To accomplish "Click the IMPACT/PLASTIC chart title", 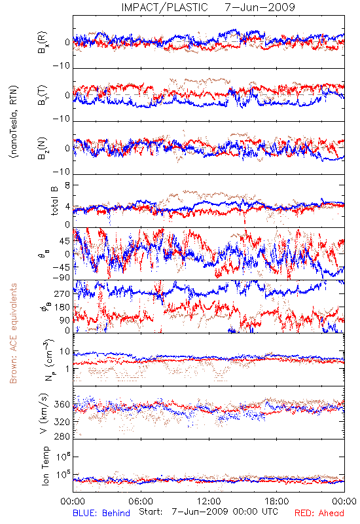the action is tap(164, 7).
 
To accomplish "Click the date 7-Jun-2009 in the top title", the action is tap(260, 7).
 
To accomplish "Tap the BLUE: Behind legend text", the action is tap(101, 513).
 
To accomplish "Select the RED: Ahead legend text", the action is tap(319, 513).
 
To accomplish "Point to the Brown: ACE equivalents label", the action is tap(12, 333).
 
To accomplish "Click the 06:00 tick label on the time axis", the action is tap(141, 502).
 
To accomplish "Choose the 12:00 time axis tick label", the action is tap(209, 502).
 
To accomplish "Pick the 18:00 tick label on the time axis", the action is tap(277, 502).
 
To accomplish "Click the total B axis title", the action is tap(54, 200).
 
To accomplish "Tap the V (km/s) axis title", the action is tap(44, 413).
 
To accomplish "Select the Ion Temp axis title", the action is tap(45, 466).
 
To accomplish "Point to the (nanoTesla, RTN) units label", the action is tap(14, 122).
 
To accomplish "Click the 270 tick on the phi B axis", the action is tap(63, 293).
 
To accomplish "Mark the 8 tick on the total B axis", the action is tap(67, 185).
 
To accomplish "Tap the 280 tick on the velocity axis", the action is tap(63, 436).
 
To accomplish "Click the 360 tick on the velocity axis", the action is tap(63, 404).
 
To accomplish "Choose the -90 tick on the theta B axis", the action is tap(62, 278).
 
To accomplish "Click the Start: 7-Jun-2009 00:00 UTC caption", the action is tap(208, 512).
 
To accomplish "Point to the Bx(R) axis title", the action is tap(43, 42).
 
